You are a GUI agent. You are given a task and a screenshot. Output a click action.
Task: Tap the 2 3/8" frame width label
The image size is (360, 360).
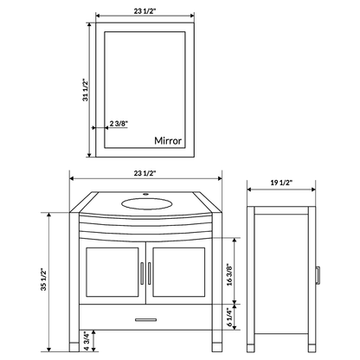[121, 124]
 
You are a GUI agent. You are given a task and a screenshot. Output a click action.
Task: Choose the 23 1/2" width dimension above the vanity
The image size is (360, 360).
[145, 175]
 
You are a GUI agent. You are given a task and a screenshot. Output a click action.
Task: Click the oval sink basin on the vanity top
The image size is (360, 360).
[145, 204]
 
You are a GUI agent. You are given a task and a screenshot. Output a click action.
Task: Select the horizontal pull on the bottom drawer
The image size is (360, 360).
[145, 318]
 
